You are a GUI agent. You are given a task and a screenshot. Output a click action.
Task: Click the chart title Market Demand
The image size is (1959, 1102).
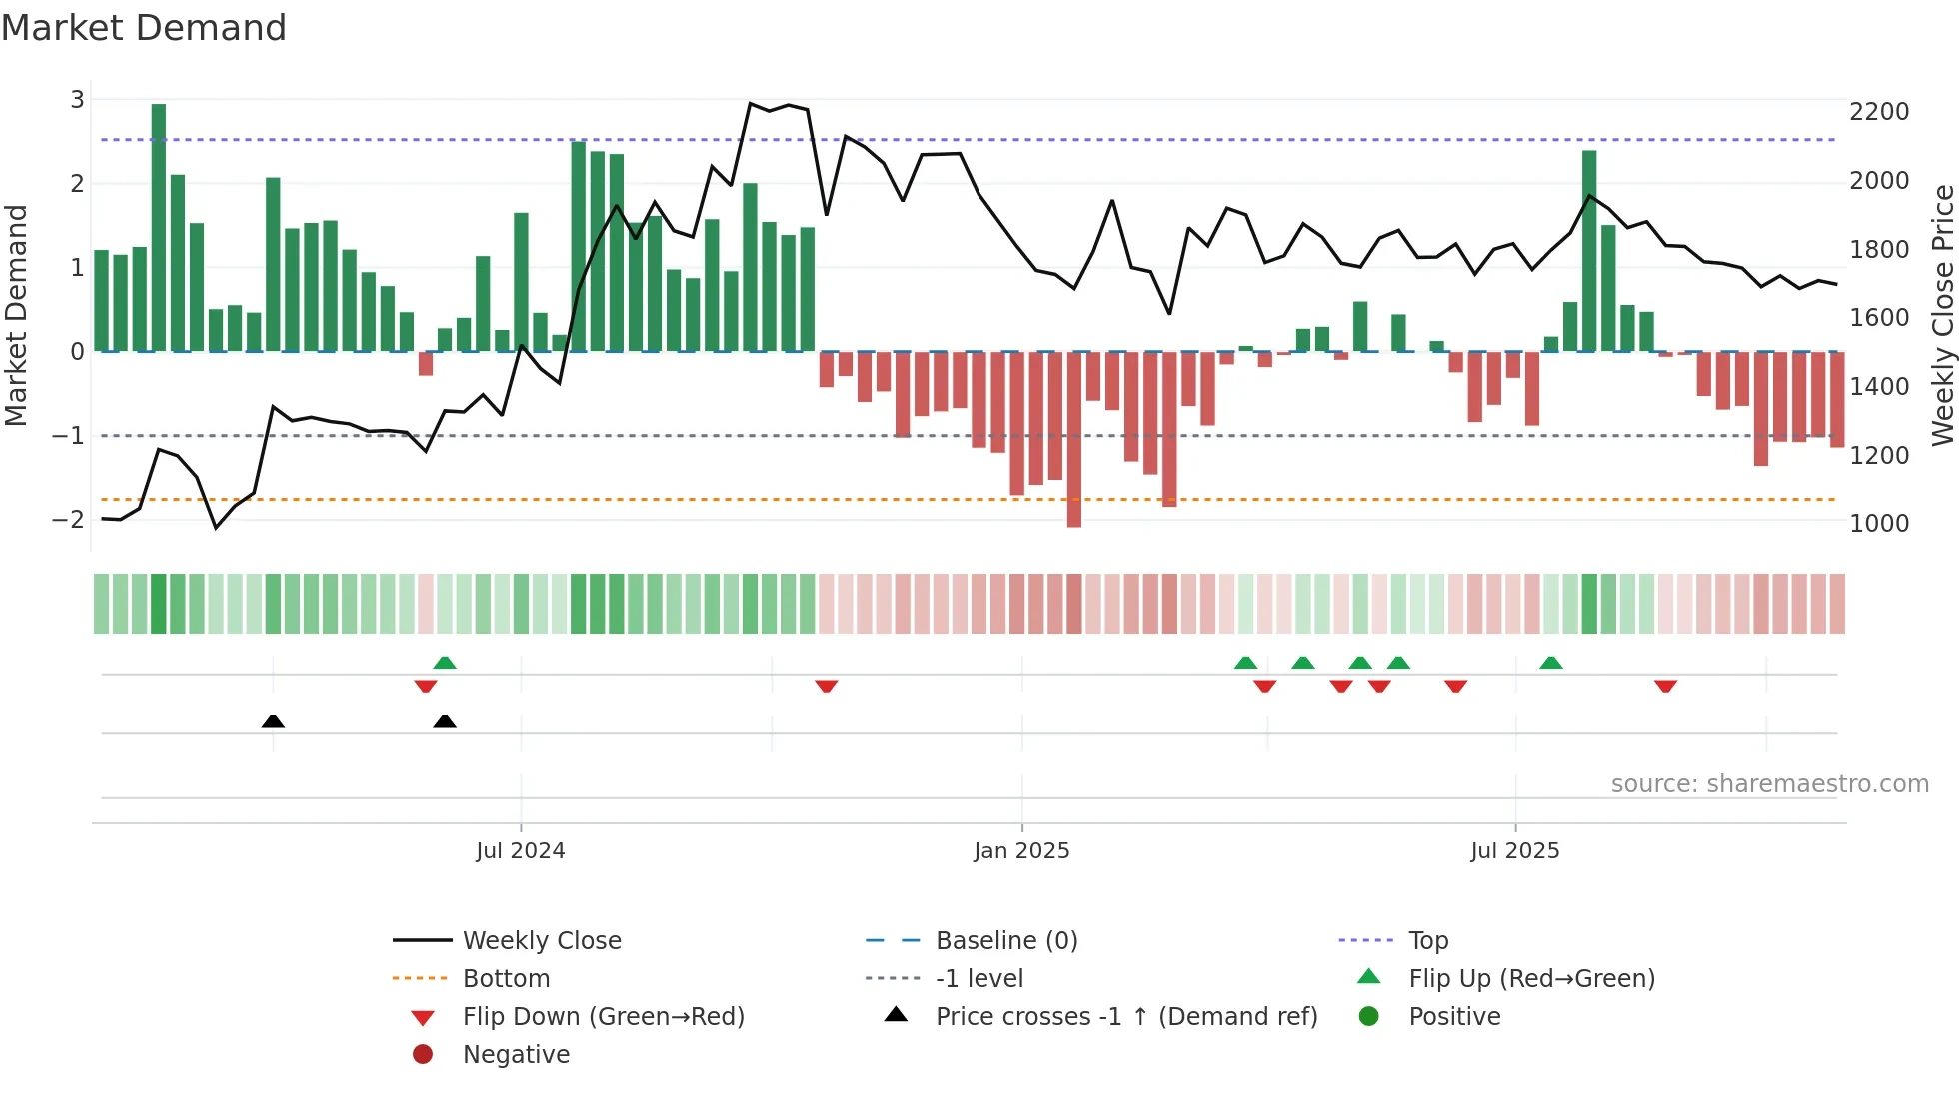click(x=144, y=27)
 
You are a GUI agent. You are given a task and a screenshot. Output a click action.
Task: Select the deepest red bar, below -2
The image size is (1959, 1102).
click(x=1074, y=440)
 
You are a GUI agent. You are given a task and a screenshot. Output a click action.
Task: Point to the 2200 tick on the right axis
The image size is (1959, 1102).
click(x=1879, y=112)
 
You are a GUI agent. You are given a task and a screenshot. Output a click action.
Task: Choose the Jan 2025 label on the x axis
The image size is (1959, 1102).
click(x=1021, y=851)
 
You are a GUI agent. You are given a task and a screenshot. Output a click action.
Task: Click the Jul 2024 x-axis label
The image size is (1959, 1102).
click(x=520, y=851)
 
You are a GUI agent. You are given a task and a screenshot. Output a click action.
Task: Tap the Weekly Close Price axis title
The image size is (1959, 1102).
click(x=1942, y=315)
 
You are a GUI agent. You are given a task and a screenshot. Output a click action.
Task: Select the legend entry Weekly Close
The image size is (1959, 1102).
click(x=542, y=941)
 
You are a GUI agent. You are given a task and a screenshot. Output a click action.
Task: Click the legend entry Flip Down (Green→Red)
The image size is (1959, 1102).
click(x=603, y=1017)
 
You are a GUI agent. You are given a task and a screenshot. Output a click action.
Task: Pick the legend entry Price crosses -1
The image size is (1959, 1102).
click(x=1126, y=1017)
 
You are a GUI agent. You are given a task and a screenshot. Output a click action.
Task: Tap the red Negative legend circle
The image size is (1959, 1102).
click(x=423, y=1055)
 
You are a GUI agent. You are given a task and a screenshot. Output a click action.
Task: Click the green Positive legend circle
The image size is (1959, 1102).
click(x=1369, y=1017)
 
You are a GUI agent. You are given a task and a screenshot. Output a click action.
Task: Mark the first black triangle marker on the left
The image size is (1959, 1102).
click(x=273, y=721)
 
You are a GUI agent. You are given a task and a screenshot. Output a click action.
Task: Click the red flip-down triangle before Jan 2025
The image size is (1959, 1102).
click(x=826, y=686)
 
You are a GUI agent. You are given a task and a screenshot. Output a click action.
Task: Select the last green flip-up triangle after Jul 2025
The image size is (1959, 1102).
click(x=1551, y=663)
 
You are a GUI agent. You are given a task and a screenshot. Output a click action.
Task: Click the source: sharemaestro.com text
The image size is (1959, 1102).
click(x=1769, y=784)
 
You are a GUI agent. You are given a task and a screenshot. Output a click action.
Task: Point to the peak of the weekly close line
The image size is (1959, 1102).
click(x=751, y=103)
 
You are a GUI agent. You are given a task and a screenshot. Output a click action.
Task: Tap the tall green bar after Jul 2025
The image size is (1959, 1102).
click(x=1589, y=250)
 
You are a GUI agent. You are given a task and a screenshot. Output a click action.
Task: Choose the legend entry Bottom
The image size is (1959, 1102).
click(x=506, y=979)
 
